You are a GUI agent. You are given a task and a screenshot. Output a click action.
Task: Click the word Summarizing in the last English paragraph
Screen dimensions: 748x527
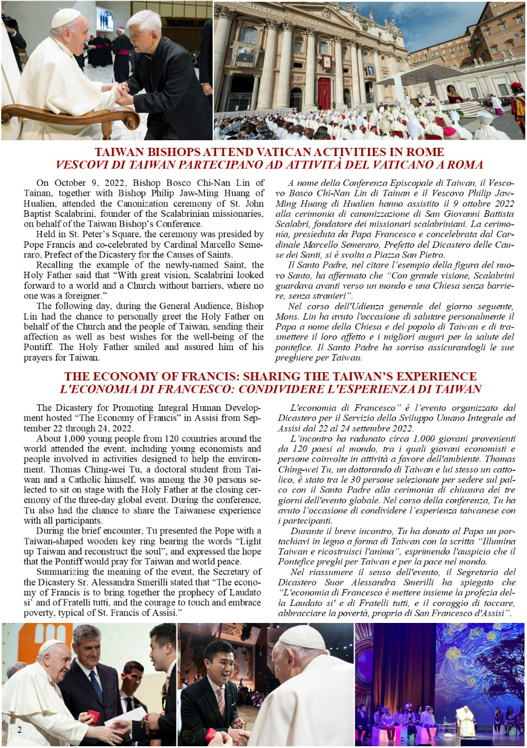click(63, 572)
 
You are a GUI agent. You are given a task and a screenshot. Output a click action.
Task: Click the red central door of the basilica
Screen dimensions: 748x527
click(324, 93)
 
